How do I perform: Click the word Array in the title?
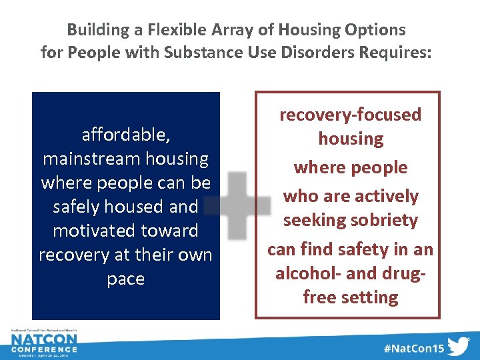pyautogui.click(x=229, y=30)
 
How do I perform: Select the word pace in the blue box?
pyautogui.click(x=125, y=279)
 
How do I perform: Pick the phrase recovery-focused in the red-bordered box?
pyautogui.click(x=350, y=115)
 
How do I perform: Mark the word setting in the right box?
pyautogui.click(x=369, y=297)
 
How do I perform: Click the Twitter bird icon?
pyautogui.click(x=458, y=347)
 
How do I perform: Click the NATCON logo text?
pyautogui.click(x=44, y=341)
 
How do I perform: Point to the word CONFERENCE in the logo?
pyautogui.click(x=44, y=350)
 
